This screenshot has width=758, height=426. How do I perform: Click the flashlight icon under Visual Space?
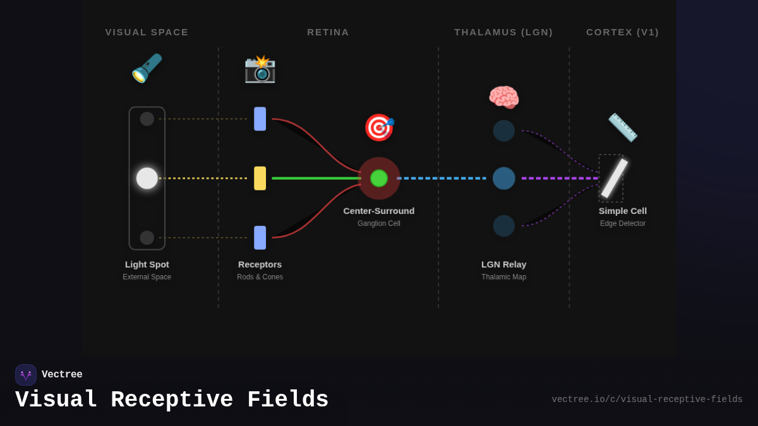pyautogui.click(x=147, y=68)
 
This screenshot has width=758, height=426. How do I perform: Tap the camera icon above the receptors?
pyautogui.click(x=260, y=69)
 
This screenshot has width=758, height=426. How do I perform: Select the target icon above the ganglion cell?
pyautogui.click(x=378, y=127)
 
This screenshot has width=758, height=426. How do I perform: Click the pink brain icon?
pyautogui.click(x=503, y=98)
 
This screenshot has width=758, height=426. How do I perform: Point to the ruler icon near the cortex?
pyautogui.click(x=622, y=127)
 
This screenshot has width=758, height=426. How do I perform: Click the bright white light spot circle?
pyautogui.click(x=147, y=178)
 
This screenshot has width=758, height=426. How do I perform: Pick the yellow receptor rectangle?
pyautogui.click(x=260, y=178)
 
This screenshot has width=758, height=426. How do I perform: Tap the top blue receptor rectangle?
pyautogui.click(x=260, y=119)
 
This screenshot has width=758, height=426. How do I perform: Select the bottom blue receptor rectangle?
pyautogui.click(x=260, y=237)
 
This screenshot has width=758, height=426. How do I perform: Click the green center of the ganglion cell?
pyautogui.click(x=379, y=178)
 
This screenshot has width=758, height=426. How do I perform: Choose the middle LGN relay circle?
pyautogui.click(x=503, y=178)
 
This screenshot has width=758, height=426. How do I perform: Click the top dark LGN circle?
pyautogui.click(x=503, y=131)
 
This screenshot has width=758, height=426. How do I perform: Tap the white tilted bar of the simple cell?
pyautogui.click(x=614, y=178)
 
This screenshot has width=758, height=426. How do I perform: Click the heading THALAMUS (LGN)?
pyautogui.click(x=503, y=32)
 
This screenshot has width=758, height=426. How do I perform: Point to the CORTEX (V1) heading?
pyautogui.click(x=622, y=32)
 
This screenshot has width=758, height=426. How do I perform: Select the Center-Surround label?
pyautogui.click(x=379, y=211)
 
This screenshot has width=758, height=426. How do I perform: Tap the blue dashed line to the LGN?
pyautogui.click(x=442, y=178)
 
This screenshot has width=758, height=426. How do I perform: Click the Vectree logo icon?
pyautogui.click(x=26, y=375)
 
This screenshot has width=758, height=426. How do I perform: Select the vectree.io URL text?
pyautogui.click(x=647, y=399)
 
